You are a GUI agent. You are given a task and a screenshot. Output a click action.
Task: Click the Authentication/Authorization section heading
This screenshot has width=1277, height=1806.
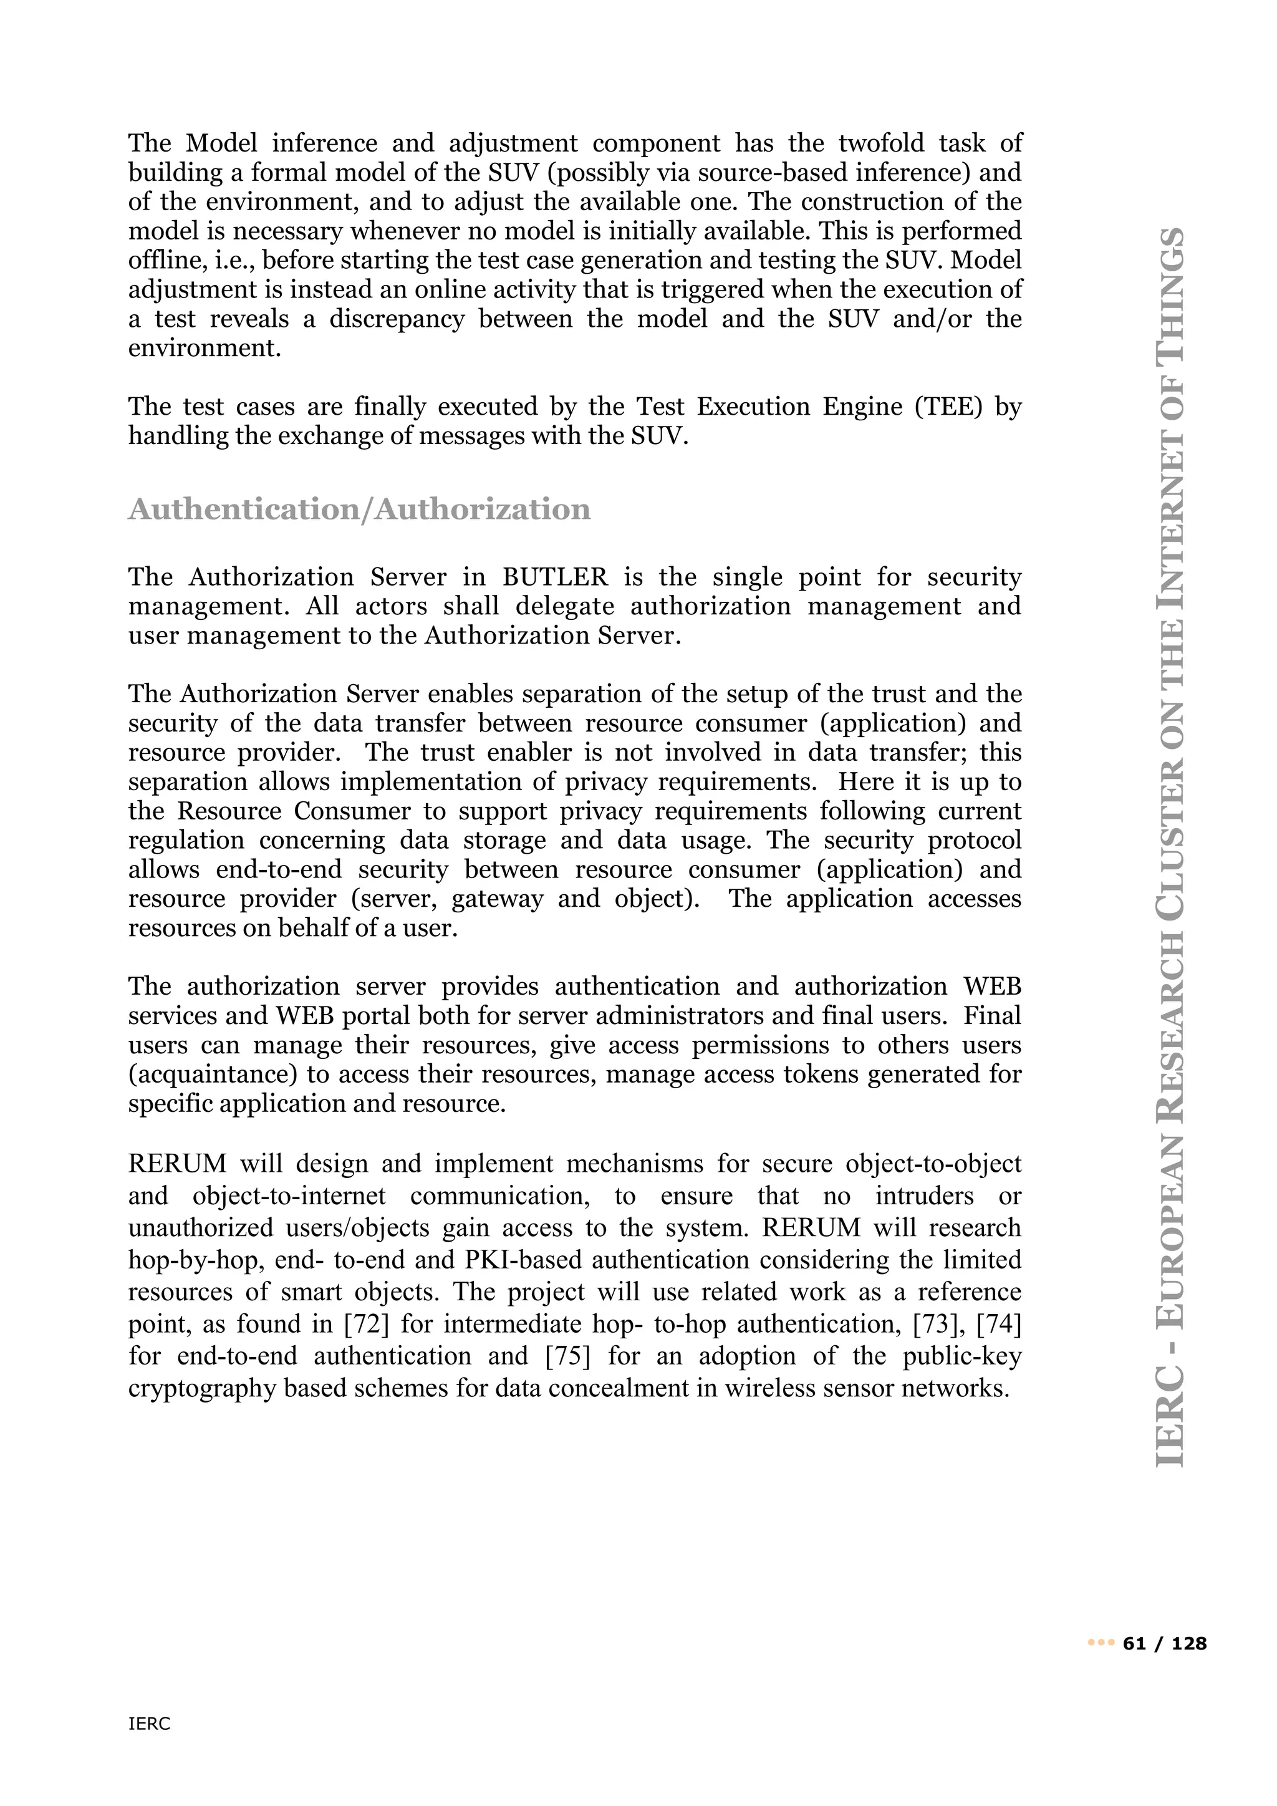(x=359, y=509)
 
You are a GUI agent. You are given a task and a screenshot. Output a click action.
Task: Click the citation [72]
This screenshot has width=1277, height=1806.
(x=367, y=1324)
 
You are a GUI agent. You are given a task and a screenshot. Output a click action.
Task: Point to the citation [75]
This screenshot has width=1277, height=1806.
(x=567, y=1356)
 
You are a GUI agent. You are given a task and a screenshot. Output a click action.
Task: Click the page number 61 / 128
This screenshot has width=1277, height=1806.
(x=1165, y=1644)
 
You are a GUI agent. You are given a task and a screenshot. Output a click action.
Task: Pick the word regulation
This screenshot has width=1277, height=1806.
(x=186, y=840)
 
